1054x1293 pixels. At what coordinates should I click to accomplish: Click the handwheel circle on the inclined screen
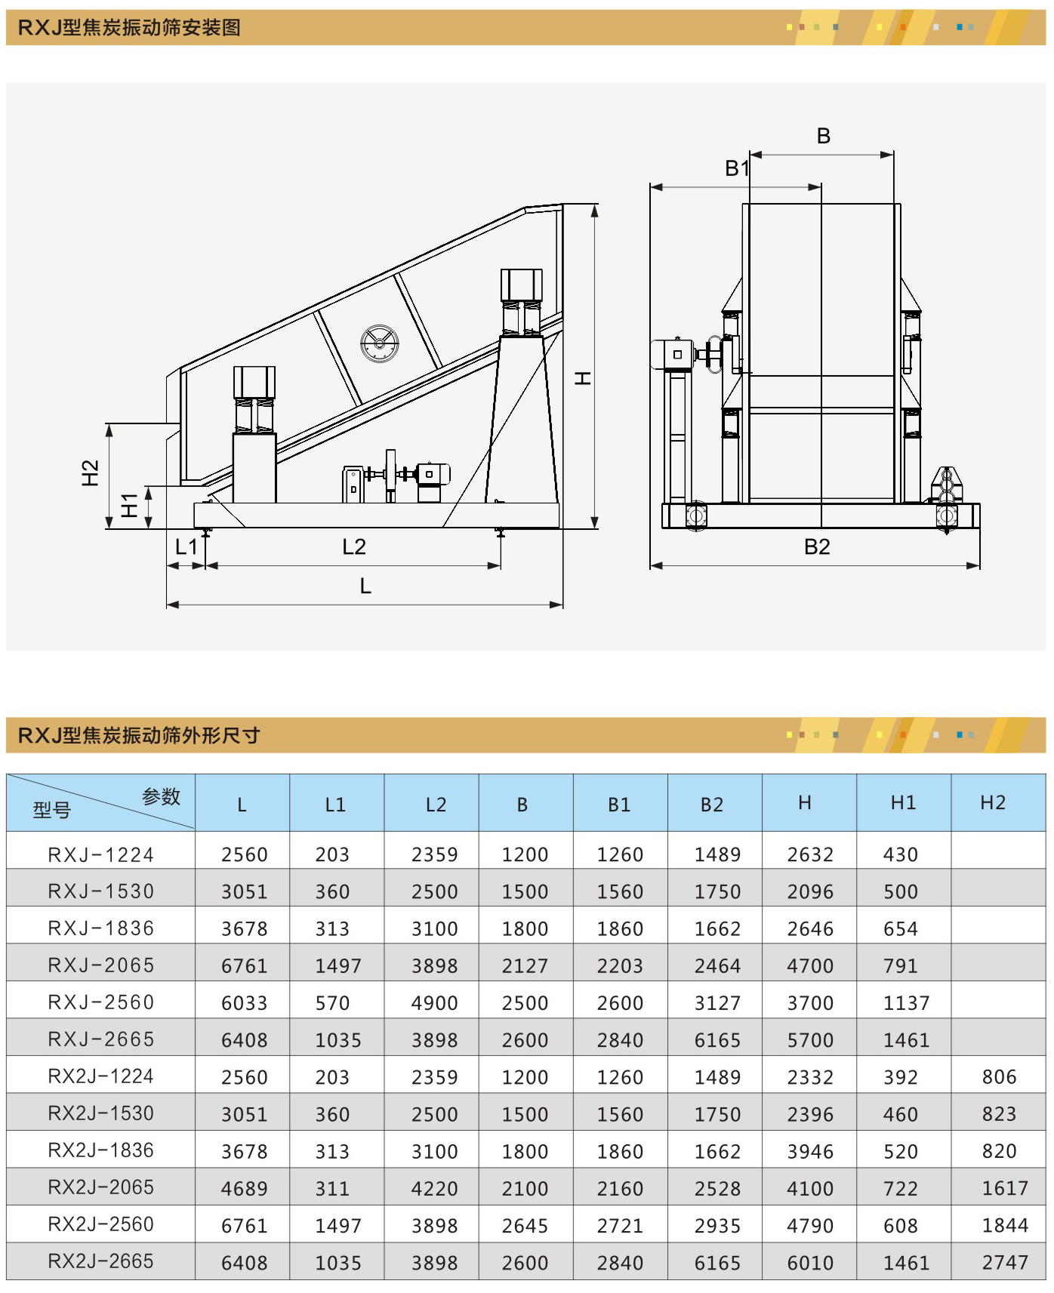[380, 344]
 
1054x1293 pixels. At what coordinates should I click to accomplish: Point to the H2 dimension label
[91, 473]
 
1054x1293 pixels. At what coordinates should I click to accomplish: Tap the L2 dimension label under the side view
[353, 546]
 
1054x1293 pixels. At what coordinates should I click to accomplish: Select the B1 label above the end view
[737, 168]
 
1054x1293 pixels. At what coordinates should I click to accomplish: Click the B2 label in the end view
[817, 546]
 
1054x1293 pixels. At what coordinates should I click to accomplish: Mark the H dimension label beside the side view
[583, 378]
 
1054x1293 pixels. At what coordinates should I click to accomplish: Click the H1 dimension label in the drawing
[130, 505]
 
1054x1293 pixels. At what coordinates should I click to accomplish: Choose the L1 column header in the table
[335, 805]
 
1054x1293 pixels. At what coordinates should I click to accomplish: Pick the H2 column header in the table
[993, 803]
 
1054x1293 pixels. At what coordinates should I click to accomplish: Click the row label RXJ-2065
[101, 965]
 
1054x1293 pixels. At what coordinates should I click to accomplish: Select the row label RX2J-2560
[101, 1224]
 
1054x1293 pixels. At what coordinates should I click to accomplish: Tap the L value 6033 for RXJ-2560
[244, 1003]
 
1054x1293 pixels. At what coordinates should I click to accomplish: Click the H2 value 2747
[1004, 1263]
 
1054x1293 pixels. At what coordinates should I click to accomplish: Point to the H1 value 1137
[906, 1003]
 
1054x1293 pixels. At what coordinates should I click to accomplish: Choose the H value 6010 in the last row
[810, 1263]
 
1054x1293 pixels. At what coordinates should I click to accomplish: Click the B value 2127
[525, 966]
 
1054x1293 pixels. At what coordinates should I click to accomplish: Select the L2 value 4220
[434, 1189]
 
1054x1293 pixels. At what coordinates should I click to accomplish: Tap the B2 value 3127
[717, 1003]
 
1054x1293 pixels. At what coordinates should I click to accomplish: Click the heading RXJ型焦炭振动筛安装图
[129, 28]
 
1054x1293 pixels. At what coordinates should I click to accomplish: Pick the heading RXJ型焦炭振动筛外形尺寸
[139, 735]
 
